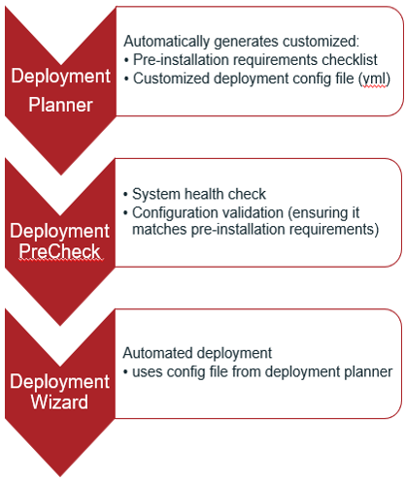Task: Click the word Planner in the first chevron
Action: [60, 105]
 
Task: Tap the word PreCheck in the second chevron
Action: [60, 252]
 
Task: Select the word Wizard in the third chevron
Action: [59, 401]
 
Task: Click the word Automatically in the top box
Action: [167, 42]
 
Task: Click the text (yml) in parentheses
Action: [374, 79]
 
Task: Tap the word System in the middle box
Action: [156, 195]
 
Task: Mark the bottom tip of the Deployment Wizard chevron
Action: [60, 476]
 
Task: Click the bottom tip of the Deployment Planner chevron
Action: [61, 175]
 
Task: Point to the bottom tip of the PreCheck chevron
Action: [60, 326]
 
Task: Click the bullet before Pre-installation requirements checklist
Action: [126, 60]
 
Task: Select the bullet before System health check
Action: [125, 195]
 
